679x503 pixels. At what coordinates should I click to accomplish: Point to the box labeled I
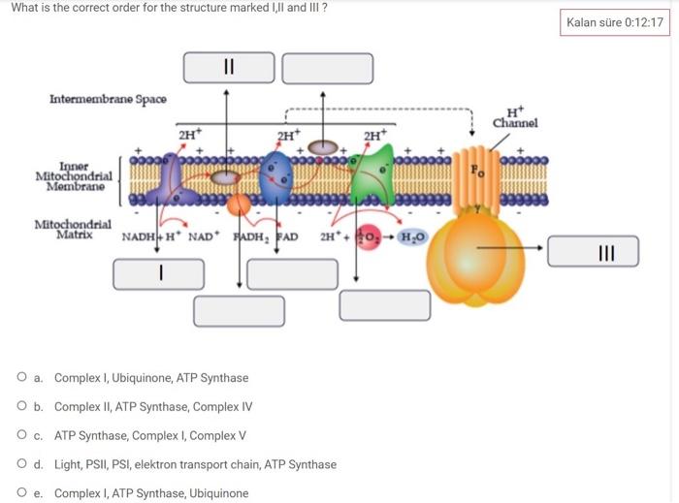160,274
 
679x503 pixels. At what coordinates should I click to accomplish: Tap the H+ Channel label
514,117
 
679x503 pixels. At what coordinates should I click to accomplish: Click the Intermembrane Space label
108,99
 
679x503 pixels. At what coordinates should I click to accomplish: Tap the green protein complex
374,174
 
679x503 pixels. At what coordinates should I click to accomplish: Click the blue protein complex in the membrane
277,174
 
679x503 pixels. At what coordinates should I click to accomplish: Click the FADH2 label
250,236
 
